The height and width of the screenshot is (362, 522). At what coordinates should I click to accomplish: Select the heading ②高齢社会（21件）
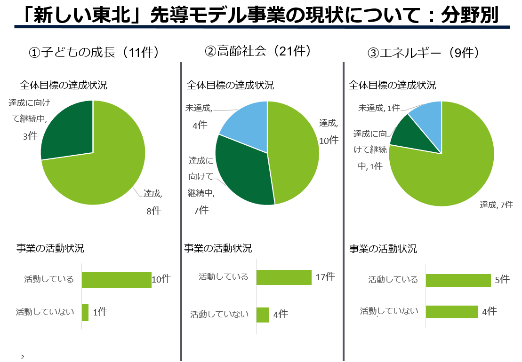tap(258, 51)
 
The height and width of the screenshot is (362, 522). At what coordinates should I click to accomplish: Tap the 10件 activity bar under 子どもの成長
tap(116, 280)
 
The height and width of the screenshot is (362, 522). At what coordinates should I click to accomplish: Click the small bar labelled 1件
tap(85, 313)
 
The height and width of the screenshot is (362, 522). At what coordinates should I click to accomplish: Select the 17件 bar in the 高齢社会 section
tap(284, 277)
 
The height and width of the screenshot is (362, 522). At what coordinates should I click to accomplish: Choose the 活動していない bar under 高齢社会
tap(263, 315)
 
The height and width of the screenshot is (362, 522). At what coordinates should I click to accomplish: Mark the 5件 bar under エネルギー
tap(458, 280)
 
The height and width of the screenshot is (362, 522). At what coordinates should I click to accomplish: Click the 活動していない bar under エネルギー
tap(452, 312)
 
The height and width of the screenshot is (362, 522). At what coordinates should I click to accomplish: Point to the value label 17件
tap(325, 277)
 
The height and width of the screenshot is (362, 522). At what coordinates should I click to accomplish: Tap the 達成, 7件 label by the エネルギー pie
tap(496, 205)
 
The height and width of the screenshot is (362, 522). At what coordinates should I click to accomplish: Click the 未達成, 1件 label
tap(379, 108)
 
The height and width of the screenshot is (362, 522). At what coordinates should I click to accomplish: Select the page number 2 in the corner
tap(22, 358)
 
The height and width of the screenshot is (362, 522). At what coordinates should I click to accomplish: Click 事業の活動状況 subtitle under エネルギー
tap(383, 249)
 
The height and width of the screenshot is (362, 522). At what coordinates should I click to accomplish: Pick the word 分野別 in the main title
tap(469, 16)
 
